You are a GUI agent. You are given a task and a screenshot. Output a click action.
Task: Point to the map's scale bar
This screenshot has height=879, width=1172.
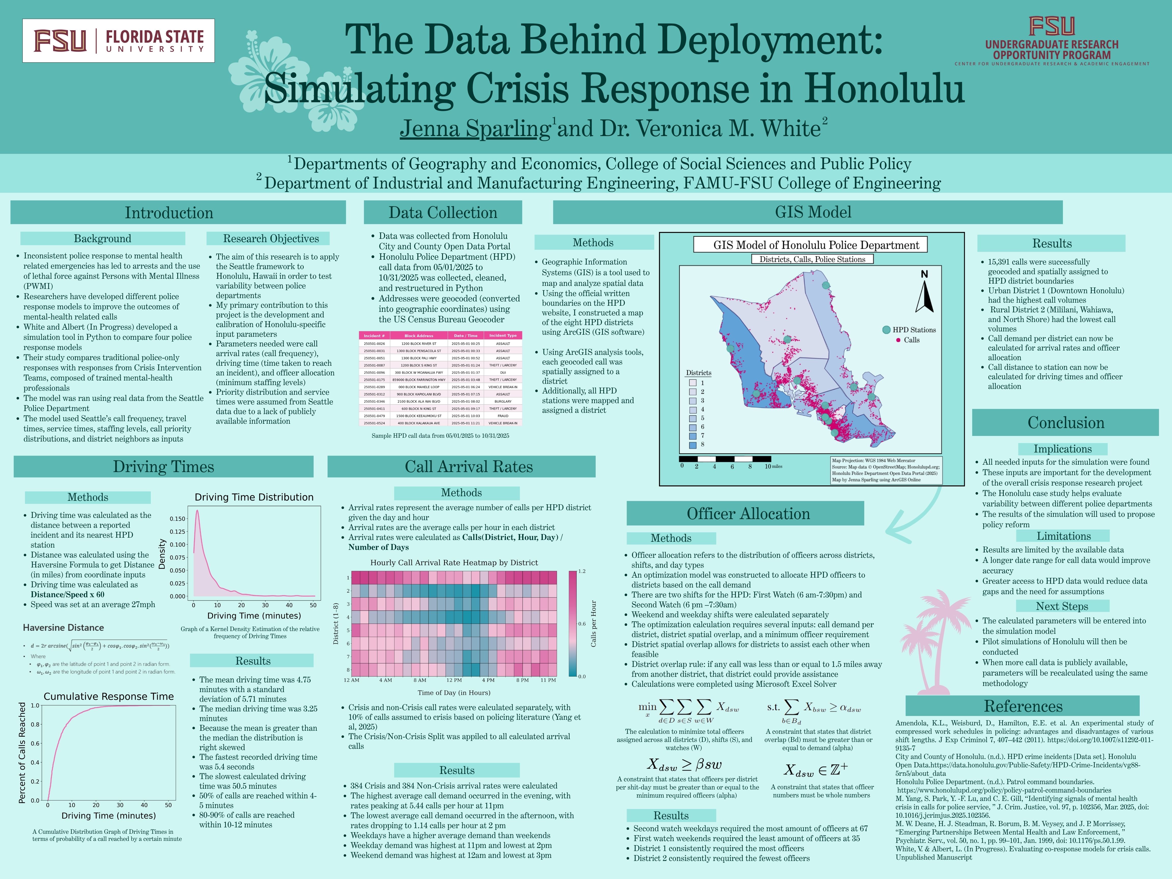[725, 459]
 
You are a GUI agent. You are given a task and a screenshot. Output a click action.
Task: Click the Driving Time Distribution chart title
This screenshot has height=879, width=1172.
[254, 497]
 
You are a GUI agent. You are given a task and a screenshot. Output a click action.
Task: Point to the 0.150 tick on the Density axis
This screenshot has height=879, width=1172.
[178, 519]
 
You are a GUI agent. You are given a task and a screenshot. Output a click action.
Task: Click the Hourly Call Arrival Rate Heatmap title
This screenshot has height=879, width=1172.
[454, 563]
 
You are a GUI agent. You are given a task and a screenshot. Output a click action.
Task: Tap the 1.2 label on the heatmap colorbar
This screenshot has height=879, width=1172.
[582, 571]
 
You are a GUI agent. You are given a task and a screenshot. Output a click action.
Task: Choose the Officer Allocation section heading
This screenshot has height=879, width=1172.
[748, 514]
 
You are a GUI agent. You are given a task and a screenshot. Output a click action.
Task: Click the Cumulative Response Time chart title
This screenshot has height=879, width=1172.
[109, 696]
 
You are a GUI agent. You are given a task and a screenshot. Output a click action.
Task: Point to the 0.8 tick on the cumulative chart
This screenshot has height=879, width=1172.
[35, 724]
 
